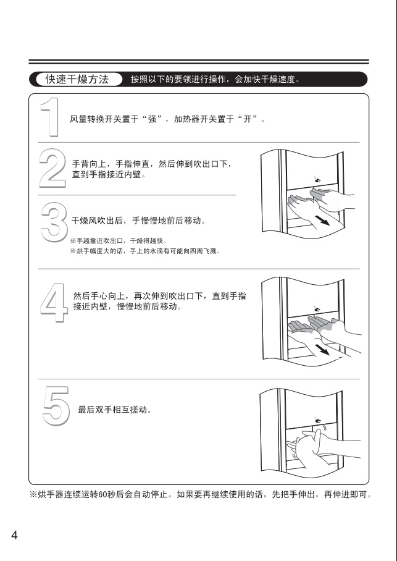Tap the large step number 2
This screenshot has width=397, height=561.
52,168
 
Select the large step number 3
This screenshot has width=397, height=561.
54,222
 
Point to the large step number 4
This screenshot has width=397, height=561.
54,303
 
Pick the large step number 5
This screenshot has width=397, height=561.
56,406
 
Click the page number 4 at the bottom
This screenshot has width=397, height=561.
14,536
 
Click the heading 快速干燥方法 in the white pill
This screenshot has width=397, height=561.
77,79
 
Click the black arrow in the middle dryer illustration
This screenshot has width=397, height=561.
324,349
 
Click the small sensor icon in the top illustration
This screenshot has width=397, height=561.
317,179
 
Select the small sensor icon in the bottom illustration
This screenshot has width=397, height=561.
317,420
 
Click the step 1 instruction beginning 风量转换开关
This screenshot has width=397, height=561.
168,119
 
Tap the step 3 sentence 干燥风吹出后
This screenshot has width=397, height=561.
139,221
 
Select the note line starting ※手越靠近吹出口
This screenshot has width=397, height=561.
119,241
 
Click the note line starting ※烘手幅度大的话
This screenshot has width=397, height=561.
145,251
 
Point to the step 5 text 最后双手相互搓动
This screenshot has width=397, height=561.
115,410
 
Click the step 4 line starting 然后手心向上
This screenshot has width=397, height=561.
160,296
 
